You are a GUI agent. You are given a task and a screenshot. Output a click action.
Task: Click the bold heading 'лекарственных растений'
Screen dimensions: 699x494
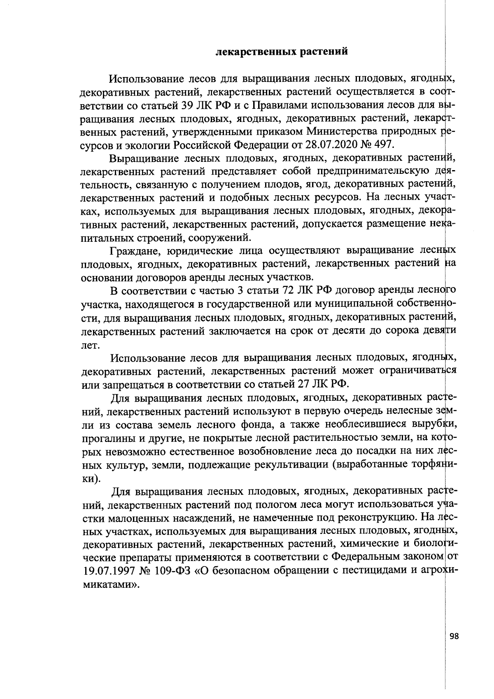tap(282, 52)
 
